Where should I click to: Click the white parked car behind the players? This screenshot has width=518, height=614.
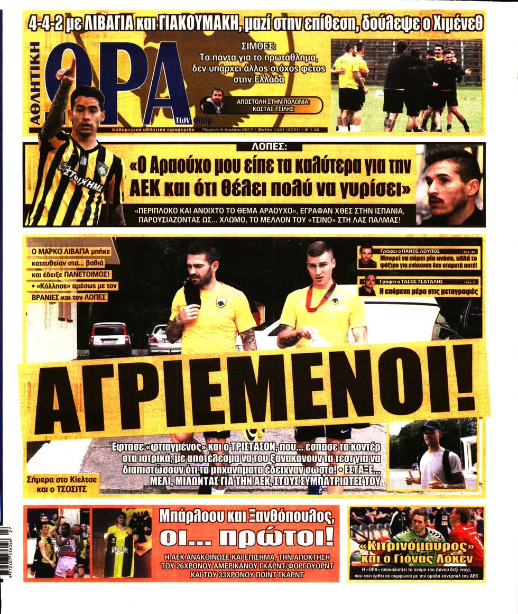109,339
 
